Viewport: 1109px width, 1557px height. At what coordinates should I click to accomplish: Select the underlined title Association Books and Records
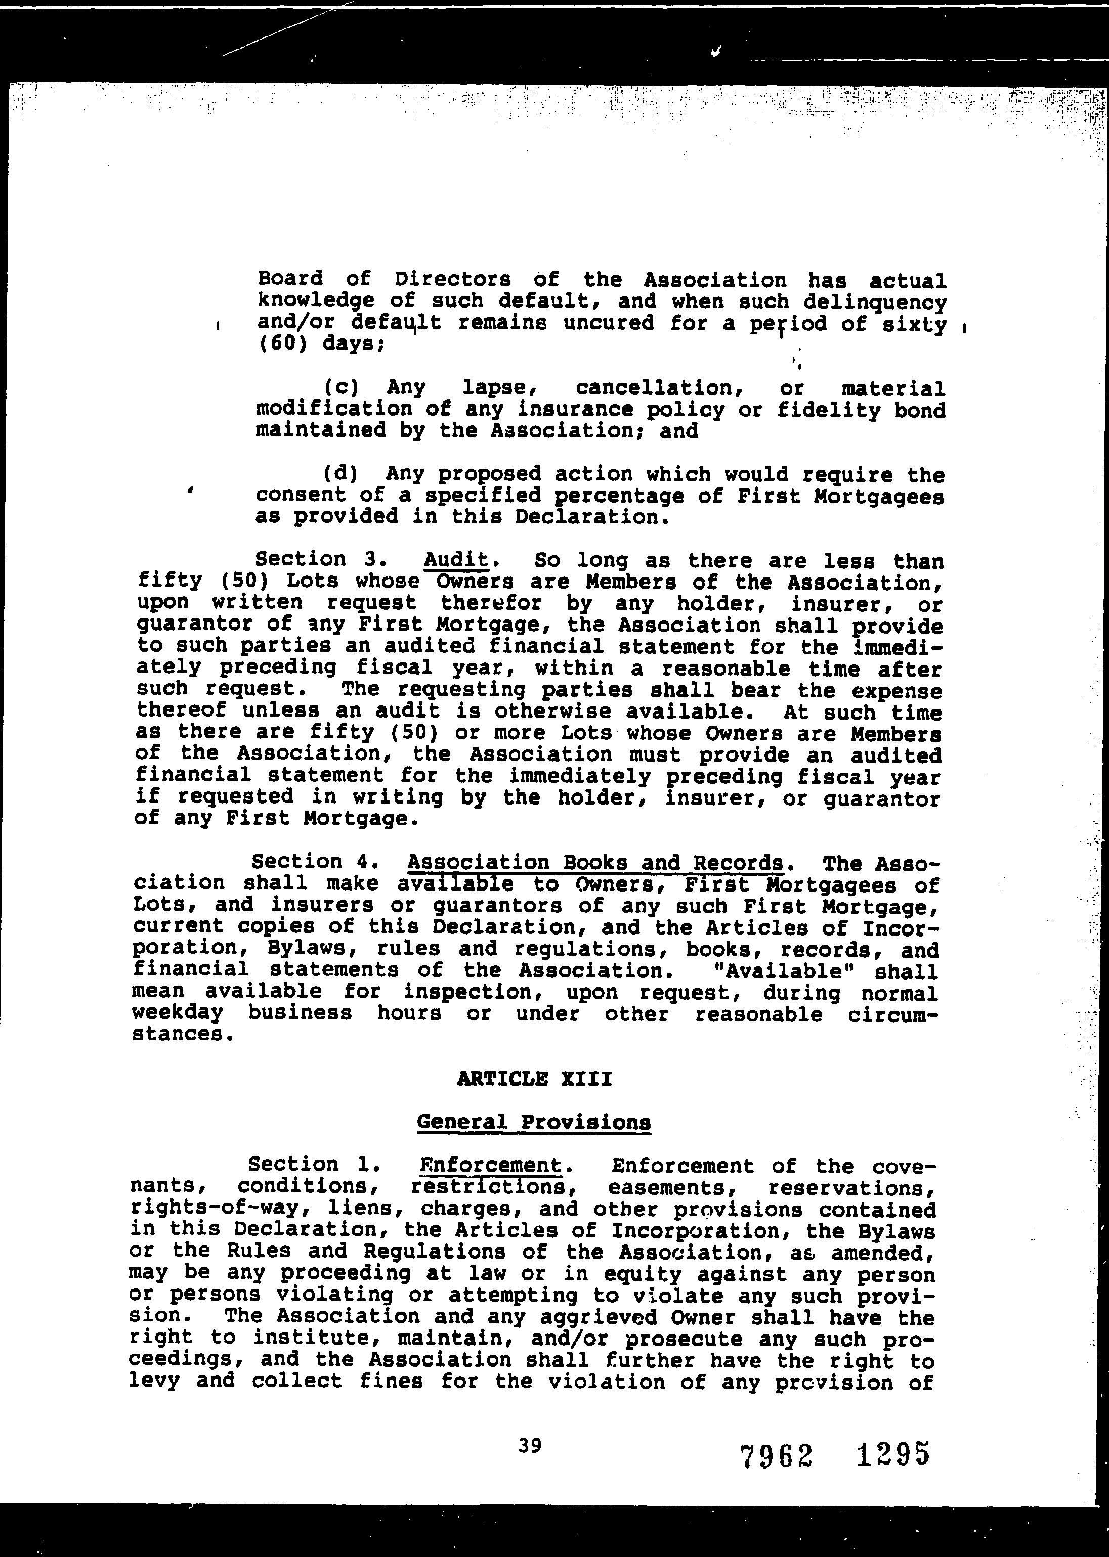click(595, 863)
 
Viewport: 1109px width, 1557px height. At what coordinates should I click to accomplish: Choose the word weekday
click(178, 1012)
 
